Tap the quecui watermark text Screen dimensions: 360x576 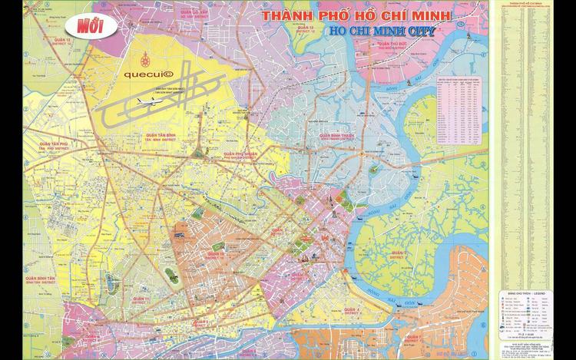coord(150,75)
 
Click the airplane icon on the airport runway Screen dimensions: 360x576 coord(149,99)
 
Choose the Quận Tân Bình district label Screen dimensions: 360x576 coord(160,135)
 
